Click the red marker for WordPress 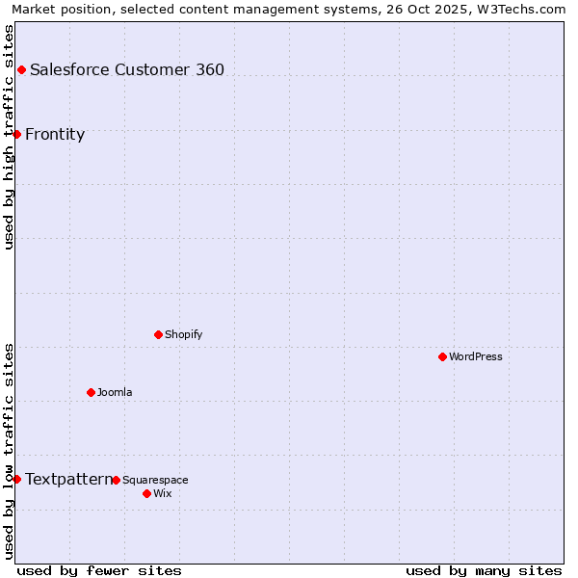click(442, 356)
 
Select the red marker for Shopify click(158, 334)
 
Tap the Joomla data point click(91, 392)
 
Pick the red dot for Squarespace click(116, 480)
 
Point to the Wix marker click(146, 493)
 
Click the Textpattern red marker click(16, 479)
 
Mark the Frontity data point click(16, 134)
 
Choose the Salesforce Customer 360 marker click(21, 69)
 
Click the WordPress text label click(476, 356)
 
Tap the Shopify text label click(183, 334)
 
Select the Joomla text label click(115, 392)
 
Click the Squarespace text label click(155, 480)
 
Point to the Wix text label click(163, 493)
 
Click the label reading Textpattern click(67, 479)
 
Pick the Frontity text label click(55, 134)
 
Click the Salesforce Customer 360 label click(127, 69)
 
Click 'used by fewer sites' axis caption click(99, 570)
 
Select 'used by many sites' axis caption click(484, 570)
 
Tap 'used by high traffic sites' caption click(9, 137)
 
